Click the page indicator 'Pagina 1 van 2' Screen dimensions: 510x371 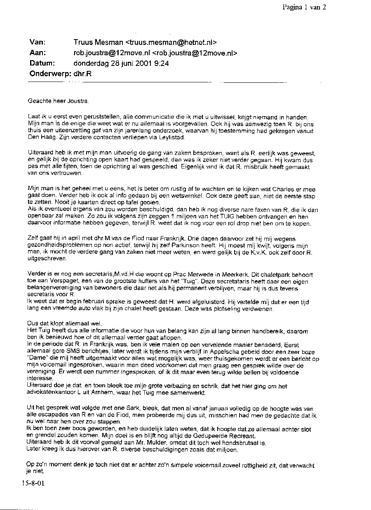pos(304,7)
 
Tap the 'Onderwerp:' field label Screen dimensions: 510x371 pos(49,74)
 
